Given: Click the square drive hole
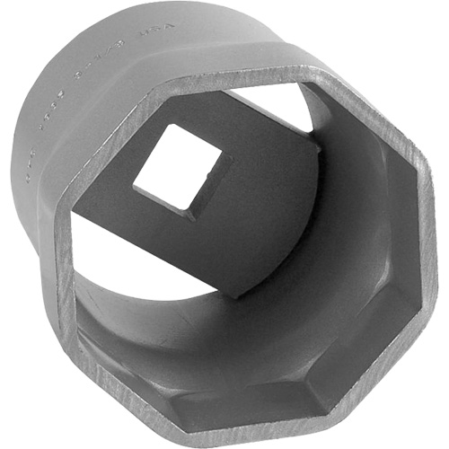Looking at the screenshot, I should (x=180, y=171).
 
